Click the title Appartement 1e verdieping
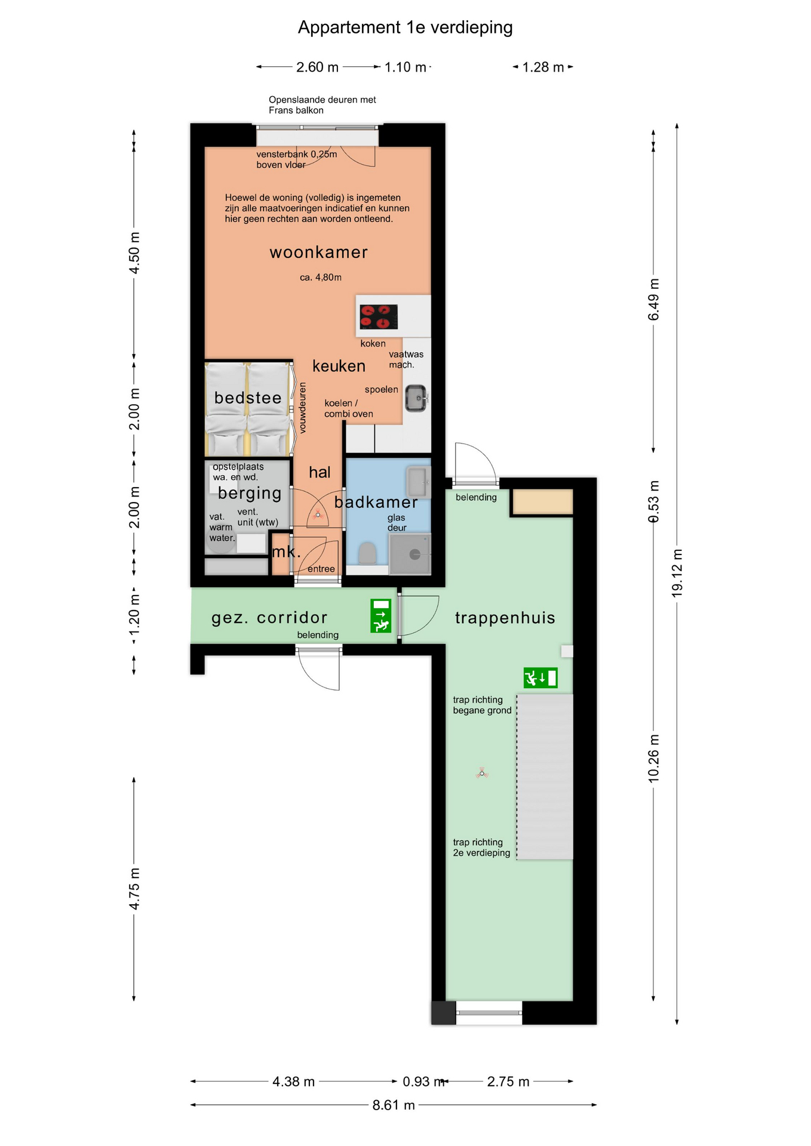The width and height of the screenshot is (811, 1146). (405, 28)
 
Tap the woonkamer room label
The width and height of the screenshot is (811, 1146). (318, 252)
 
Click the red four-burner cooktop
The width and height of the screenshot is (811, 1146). (379, 317)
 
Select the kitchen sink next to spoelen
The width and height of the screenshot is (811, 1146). (417, 398)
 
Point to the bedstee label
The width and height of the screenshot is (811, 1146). (247, 398)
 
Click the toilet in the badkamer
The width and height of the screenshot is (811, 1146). (367, 553)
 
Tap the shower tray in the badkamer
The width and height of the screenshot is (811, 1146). (410, 554)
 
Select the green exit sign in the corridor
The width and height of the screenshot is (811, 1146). (380, 616)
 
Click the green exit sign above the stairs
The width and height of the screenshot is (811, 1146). (540, 678)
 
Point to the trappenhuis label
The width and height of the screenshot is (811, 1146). (505, 618)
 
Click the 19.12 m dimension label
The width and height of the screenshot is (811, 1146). (677, 573)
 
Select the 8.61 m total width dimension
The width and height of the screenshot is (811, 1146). (394, 1105)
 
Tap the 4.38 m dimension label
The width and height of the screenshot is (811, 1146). (293, 1082)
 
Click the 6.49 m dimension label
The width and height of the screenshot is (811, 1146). (654, 299)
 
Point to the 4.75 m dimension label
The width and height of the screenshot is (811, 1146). (134, 889)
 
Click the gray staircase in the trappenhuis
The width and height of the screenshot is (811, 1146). (545, 777)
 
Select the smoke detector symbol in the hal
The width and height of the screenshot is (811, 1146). (318, 515)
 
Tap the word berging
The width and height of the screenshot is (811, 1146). (250, 493)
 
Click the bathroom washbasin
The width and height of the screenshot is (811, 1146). (418, 482)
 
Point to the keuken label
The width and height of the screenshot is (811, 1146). (339, 366)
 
